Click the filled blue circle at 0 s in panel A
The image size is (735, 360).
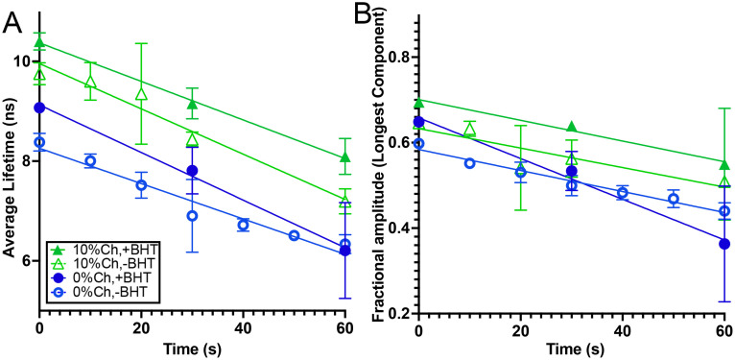[x=38, y=108]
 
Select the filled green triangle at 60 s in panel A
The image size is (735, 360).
[x=345, y=157]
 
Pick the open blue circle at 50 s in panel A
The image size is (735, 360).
[x=294, y=235]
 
